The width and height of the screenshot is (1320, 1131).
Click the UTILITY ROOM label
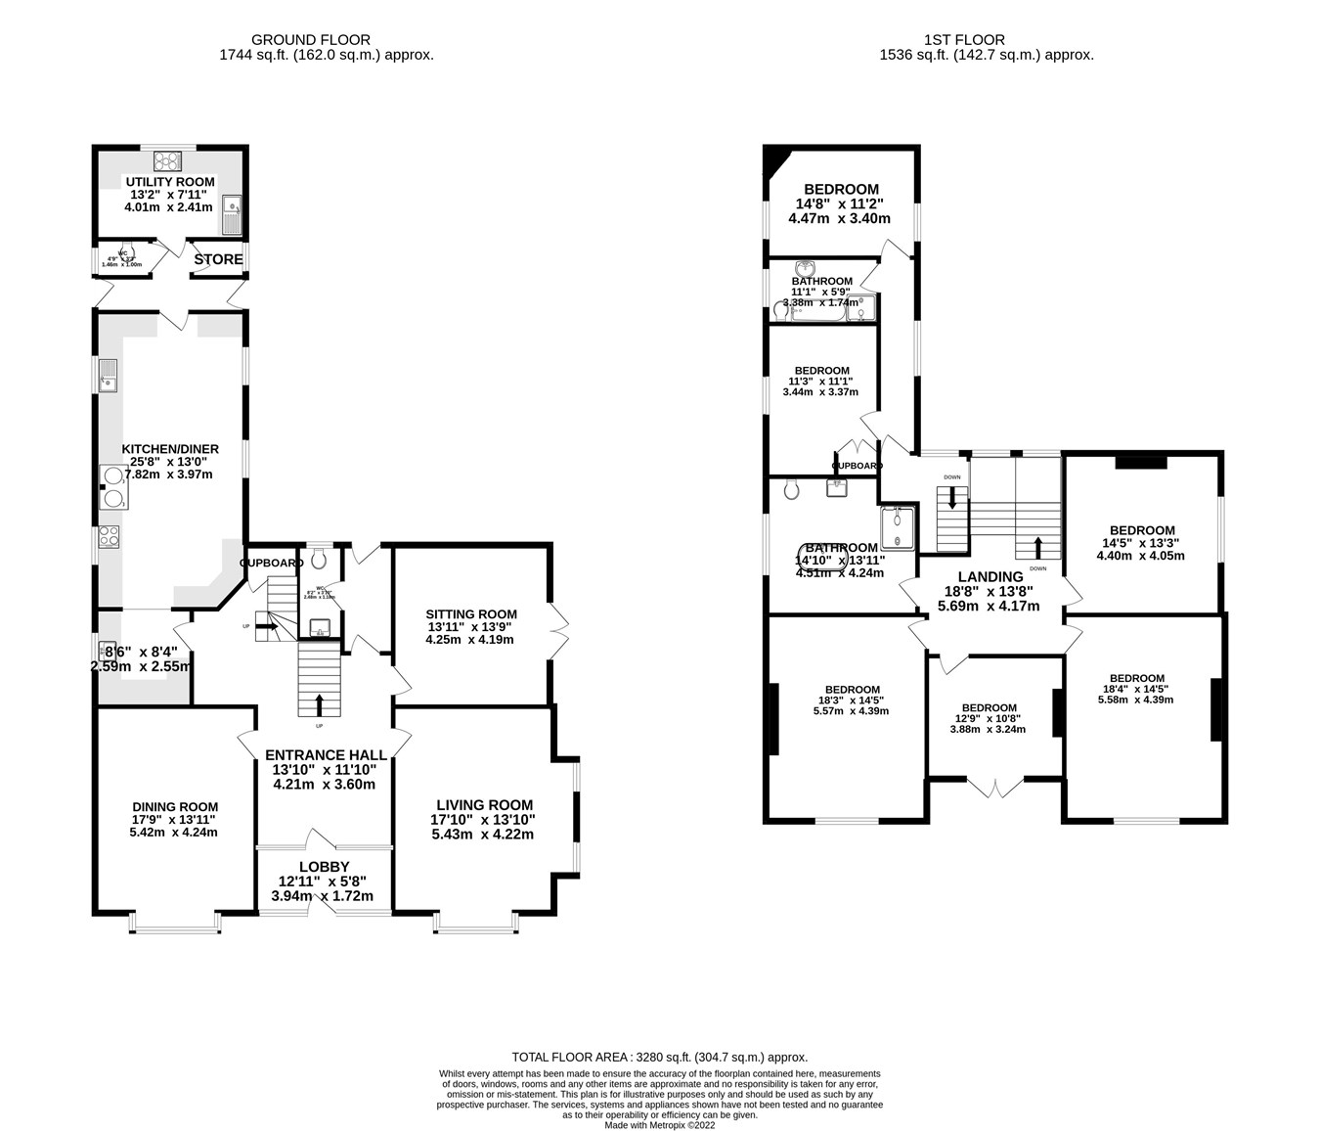click(x=169, y=182)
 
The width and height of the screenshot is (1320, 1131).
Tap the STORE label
click(x=218, y=259)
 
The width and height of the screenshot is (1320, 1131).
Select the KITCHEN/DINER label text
click(x=169, y=449)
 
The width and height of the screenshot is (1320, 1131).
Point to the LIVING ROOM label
click(x=484, y=805)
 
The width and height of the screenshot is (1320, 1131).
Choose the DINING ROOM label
click(x=175, y=807)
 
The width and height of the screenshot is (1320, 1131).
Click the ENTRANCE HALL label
click(x=325, y=755)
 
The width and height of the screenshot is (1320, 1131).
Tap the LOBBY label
click(x=324, y=867)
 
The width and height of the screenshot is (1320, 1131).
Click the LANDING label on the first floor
click(x=990, y=577)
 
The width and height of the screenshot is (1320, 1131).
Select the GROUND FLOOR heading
click(x=311, y=40)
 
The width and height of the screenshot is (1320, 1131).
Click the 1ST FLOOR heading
click(x=964, y=40)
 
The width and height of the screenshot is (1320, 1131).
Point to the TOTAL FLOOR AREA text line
click(x=660, y=1057)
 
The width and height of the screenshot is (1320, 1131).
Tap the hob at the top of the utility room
click(x=168, y=160)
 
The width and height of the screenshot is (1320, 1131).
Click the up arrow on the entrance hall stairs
click(x=320, y=703)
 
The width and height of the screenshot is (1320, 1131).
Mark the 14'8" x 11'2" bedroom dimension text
click(x=841, y=204)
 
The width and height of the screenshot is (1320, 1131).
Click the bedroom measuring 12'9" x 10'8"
click(x=989, y=718)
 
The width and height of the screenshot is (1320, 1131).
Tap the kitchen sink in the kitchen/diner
click(x=108, y=374)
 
